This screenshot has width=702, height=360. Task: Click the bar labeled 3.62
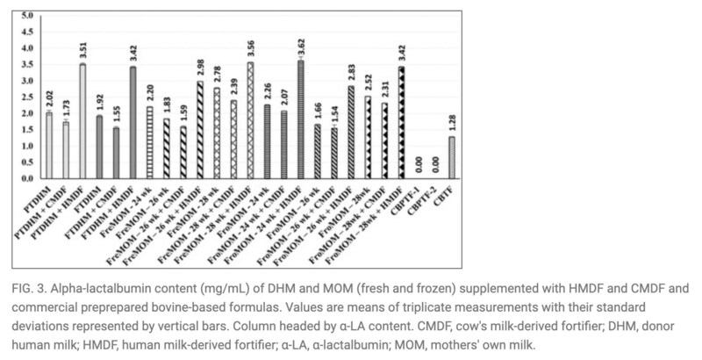pos(300,119)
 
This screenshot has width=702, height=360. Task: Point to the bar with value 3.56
pos(251,120)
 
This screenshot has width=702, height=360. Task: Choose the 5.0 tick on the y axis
pos(26,17)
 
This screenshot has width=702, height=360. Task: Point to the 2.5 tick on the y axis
pos(26,97)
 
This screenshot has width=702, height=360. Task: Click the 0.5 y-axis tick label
pos(26,162)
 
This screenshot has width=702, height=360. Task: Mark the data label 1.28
pos(428,124)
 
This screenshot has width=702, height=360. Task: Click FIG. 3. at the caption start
pos(32,286)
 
